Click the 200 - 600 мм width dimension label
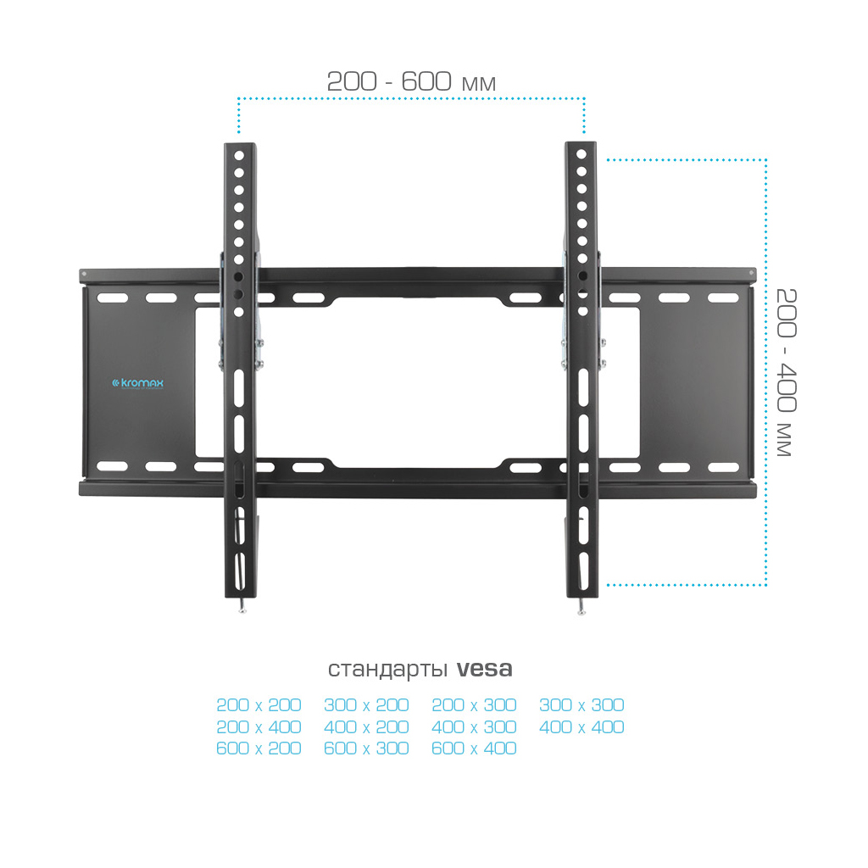point(411,81)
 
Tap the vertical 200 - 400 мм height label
point(786,372)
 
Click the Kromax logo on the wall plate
point(138,383)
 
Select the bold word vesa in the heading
point(484,669)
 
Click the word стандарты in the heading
point(387,670)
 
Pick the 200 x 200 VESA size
point(259,704)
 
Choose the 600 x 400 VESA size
point(474,748)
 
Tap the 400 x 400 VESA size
point(581,726)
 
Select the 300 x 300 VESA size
point(581,704)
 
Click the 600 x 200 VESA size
point(259,748)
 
